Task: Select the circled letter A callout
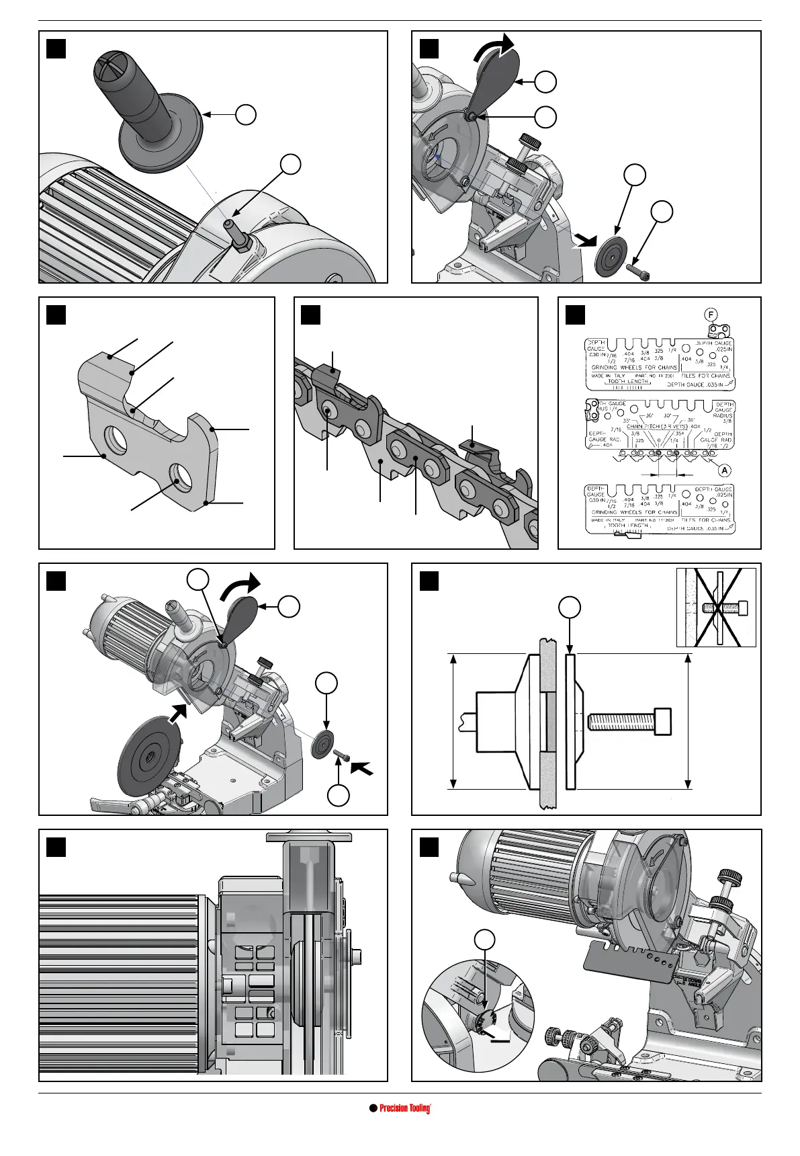click(x=725, y=468)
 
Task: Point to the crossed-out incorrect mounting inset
click(x=716, y=607)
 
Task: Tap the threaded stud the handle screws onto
click(x=236, y=233)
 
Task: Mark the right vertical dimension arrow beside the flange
click(x=688, y=720)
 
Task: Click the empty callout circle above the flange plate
click(x=569, y=609)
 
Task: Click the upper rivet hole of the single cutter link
click(x=119, y=439)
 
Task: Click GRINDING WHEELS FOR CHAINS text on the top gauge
click(x=634, y=368)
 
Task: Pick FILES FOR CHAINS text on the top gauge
click(x=705, y=376)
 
